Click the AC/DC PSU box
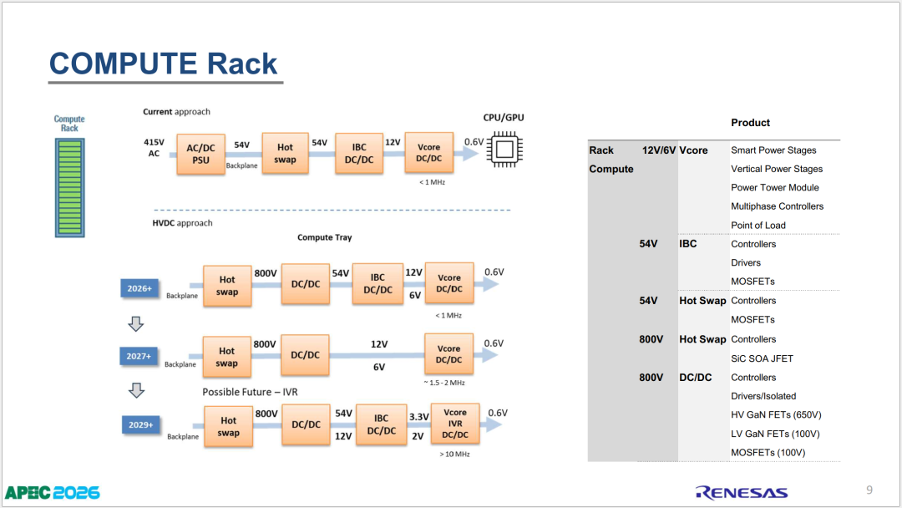coord(200,155)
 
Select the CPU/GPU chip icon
coord(504,150)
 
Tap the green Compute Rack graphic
coord(69,187)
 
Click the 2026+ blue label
coord(139,288)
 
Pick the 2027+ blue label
coord(139,356)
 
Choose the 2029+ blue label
coord(141,424)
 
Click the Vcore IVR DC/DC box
coord(455,424)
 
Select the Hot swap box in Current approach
coord(286,153)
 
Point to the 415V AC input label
coord(155,148)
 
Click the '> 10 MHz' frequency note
coord(454,454)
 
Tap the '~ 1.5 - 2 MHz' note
coord(444,383)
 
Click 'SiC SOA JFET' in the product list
coord(762,358)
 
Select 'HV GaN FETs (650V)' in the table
coord(776,414)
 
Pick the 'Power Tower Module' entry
coord(775,187)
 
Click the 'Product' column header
coord(750,123)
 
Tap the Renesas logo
coord(742,492)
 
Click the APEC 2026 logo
coord(53,493)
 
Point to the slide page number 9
coord(869,490)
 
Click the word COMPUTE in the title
coord(123,63)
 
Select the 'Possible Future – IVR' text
coord(250,392)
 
